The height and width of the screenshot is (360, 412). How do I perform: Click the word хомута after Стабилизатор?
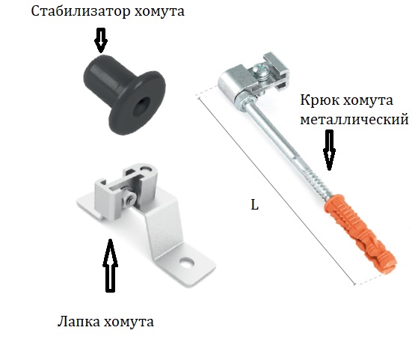159,12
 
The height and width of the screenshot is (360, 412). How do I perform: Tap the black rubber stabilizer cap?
124,94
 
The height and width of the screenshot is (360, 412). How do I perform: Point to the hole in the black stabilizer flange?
141,107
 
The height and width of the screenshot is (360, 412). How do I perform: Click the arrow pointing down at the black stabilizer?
101,40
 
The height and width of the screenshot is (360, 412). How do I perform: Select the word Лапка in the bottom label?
79,321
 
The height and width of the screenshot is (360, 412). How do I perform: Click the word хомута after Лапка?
129,322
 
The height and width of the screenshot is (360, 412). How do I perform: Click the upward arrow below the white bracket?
110,265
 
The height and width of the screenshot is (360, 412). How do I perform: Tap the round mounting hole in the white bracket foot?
186,263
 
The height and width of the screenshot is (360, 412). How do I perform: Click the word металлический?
354,120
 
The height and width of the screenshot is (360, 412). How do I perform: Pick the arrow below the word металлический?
329,150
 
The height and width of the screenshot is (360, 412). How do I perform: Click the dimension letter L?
255,204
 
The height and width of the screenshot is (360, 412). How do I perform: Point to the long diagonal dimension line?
276,191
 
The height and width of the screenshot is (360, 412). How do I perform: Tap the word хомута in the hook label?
368,101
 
